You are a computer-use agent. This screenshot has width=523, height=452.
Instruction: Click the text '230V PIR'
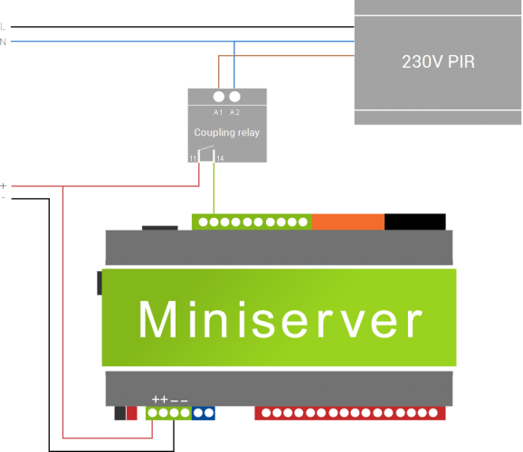coord(438,62)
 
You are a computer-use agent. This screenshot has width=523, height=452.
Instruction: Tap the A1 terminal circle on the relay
coord(218,97)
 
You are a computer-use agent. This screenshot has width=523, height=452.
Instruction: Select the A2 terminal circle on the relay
coord(234,97)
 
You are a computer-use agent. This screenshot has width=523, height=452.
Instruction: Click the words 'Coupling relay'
coord(226,133)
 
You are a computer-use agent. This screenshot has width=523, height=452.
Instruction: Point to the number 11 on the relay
coord(193,158)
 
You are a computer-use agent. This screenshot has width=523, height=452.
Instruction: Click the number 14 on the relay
coord(220,158)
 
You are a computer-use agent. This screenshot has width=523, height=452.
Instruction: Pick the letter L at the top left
coord(3,27)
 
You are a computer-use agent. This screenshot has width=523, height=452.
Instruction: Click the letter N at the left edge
coord(3,42)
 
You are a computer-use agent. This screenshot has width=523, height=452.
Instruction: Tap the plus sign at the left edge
coord(4,184)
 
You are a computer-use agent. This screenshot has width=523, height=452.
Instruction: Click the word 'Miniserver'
coord(281,320)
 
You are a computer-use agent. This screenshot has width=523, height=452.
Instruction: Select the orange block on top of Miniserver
coord(348,221)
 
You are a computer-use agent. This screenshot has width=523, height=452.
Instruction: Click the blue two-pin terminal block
coord(204,413)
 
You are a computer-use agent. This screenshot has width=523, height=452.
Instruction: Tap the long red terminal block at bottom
coord(350,413)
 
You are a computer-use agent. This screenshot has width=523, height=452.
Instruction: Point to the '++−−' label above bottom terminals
coord(169,400)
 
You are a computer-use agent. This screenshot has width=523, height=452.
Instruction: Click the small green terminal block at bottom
coord(168,413)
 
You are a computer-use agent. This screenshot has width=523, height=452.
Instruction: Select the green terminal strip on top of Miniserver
coord(252,221)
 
